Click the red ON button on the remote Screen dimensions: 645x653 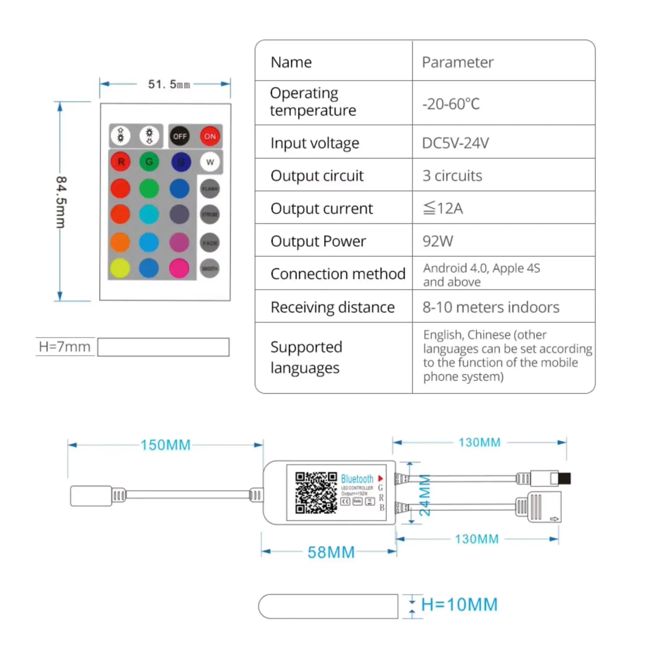210,136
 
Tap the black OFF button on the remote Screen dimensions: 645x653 180,136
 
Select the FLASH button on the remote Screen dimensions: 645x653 210,189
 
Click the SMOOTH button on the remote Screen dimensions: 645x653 210,269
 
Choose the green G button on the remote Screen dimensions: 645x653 149,162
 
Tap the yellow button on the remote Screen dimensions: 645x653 120,269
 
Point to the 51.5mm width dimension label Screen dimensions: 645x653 169,84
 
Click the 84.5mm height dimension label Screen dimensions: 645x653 61,202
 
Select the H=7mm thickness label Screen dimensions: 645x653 65,347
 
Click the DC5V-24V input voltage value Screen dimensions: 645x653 455,143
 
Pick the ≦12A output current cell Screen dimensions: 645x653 443,208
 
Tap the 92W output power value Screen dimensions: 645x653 438,241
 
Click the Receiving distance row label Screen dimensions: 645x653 333,307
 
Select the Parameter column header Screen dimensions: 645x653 457,62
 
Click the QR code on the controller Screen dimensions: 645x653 316,493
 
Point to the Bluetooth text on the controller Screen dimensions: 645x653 357,479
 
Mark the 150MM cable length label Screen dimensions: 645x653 165,445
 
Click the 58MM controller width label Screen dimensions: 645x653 331,552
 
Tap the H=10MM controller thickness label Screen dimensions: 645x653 459,605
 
